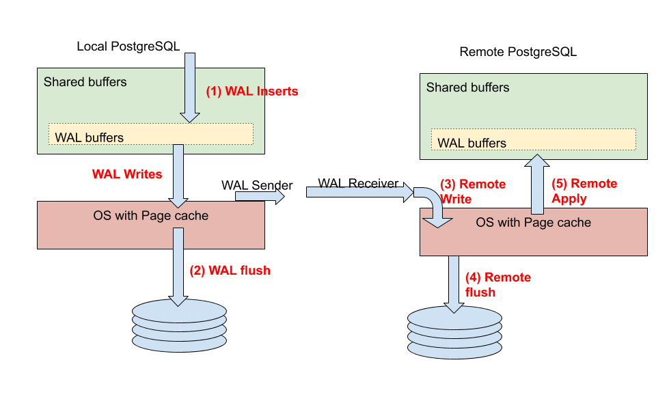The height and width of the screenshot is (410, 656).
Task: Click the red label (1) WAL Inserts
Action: (x=251, y=91)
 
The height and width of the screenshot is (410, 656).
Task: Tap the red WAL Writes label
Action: (x=127, y=174)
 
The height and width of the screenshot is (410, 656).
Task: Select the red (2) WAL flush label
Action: (x=230, y=271)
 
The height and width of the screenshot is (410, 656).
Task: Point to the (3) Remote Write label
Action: (x=472, y=191)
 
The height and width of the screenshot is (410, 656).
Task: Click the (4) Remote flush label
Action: (x=497, y=284)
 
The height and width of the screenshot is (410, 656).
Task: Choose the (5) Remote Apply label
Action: (x=584, y=191)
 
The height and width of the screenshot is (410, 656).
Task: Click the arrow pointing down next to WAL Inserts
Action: (x=189, y=87)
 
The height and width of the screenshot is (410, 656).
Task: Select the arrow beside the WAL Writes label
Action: (x=178, y=175)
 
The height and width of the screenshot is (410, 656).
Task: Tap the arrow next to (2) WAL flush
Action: (x=178, y=266)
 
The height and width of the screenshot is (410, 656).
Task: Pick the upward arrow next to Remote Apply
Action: (x=537, y=184)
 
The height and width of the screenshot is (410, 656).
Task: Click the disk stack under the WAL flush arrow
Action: (x=178, y=326)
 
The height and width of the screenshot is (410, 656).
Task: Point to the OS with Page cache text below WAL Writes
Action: (x=150, y=216)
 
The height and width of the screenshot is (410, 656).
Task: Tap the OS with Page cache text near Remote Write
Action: (x=533, y=223)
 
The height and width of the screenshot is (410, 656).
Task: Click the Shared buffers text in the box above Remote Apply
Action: (x=467, y=87)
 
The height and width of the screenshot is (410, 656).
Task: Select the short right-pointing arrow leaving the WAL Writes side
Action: (x=260, y=197)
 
